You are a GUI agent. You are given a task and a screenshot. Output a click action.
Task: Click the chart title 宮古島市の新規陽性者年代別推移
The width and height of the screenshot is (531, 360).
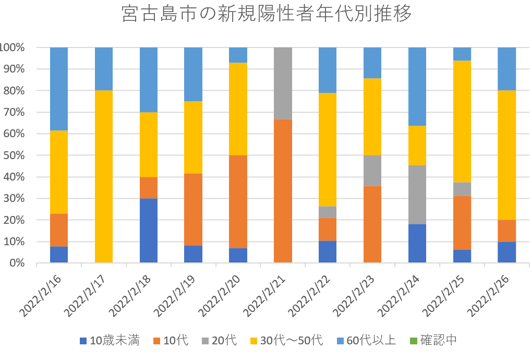[266, 15]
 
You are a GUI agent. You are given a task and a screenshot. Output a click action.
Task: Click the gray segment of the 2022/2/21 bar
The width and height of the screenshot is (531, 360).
[283, 83]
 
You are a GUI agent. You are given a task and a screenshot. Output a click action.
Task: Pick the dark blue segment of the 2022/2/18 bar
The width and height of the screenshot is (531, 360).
[149, 230]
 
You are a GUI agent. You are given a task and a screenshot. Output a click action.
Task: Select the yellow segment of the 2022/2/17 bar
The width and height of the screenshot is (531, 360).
[104, 176]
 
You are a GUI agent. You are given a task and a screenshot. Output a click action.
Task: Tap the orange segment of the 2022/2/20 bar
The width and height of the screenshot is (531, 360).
[238, 201]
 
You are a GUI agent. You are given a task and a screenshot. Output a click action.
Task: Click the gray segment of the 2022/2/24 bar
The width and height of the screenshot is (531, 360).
[417, 194]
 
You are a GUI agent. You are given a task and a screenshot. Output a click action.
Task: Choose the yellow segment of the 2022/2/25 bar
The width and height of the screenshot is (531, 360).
[462, 121]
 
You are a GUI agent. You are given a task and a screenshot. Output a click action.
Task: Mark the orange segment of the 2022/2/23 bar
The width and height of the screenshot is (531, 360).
[372, 224]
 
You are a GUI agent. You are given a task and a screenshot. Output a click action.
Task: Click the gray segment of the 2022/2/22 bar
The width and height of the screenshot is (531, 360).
[328, 212]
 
